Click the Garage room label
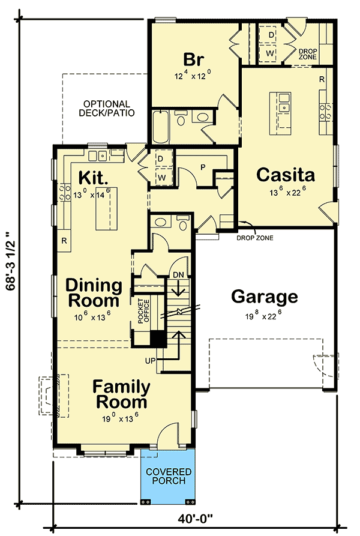(x=264, y=297)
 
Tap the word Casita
(x=286, y=175)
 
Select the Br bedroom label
(x=194, y=60)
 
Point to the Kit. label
(x=93, y=178)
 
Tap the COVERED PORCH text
(x=168, y=476)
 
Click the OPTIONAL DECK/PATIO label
(x=109, y=108)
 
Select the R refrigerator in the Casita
(x=322, y=79)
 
